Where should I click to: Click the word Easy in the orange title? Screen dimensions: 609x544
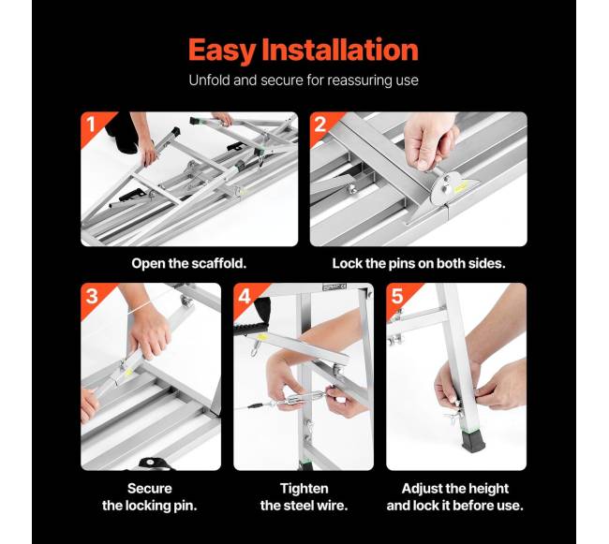click(222, 51)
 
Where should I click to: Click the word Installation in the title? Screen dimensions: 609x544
click(340, 50)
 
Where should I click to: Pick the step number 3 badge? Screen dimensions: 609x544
click(92, 296)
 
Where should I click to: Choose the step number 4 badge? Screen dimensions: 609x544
click(245, 296)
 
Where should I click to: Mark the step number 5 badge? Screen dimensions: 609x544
click(397, 296)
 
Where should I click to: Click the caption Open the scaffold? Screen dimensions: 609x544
click(188, 263)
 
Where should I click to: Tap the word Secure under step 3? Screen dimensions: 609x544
click(150, 488)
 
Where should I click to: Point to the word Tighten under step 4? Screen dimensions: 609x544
click(304, 489)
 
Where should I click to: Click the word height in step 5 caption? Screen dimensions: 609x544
click(488, 489)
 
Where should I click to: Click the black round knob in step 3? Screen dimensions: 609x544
click(150, 463)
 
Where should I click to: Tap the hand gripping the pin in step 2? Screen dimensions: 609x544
click(428, 142)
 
